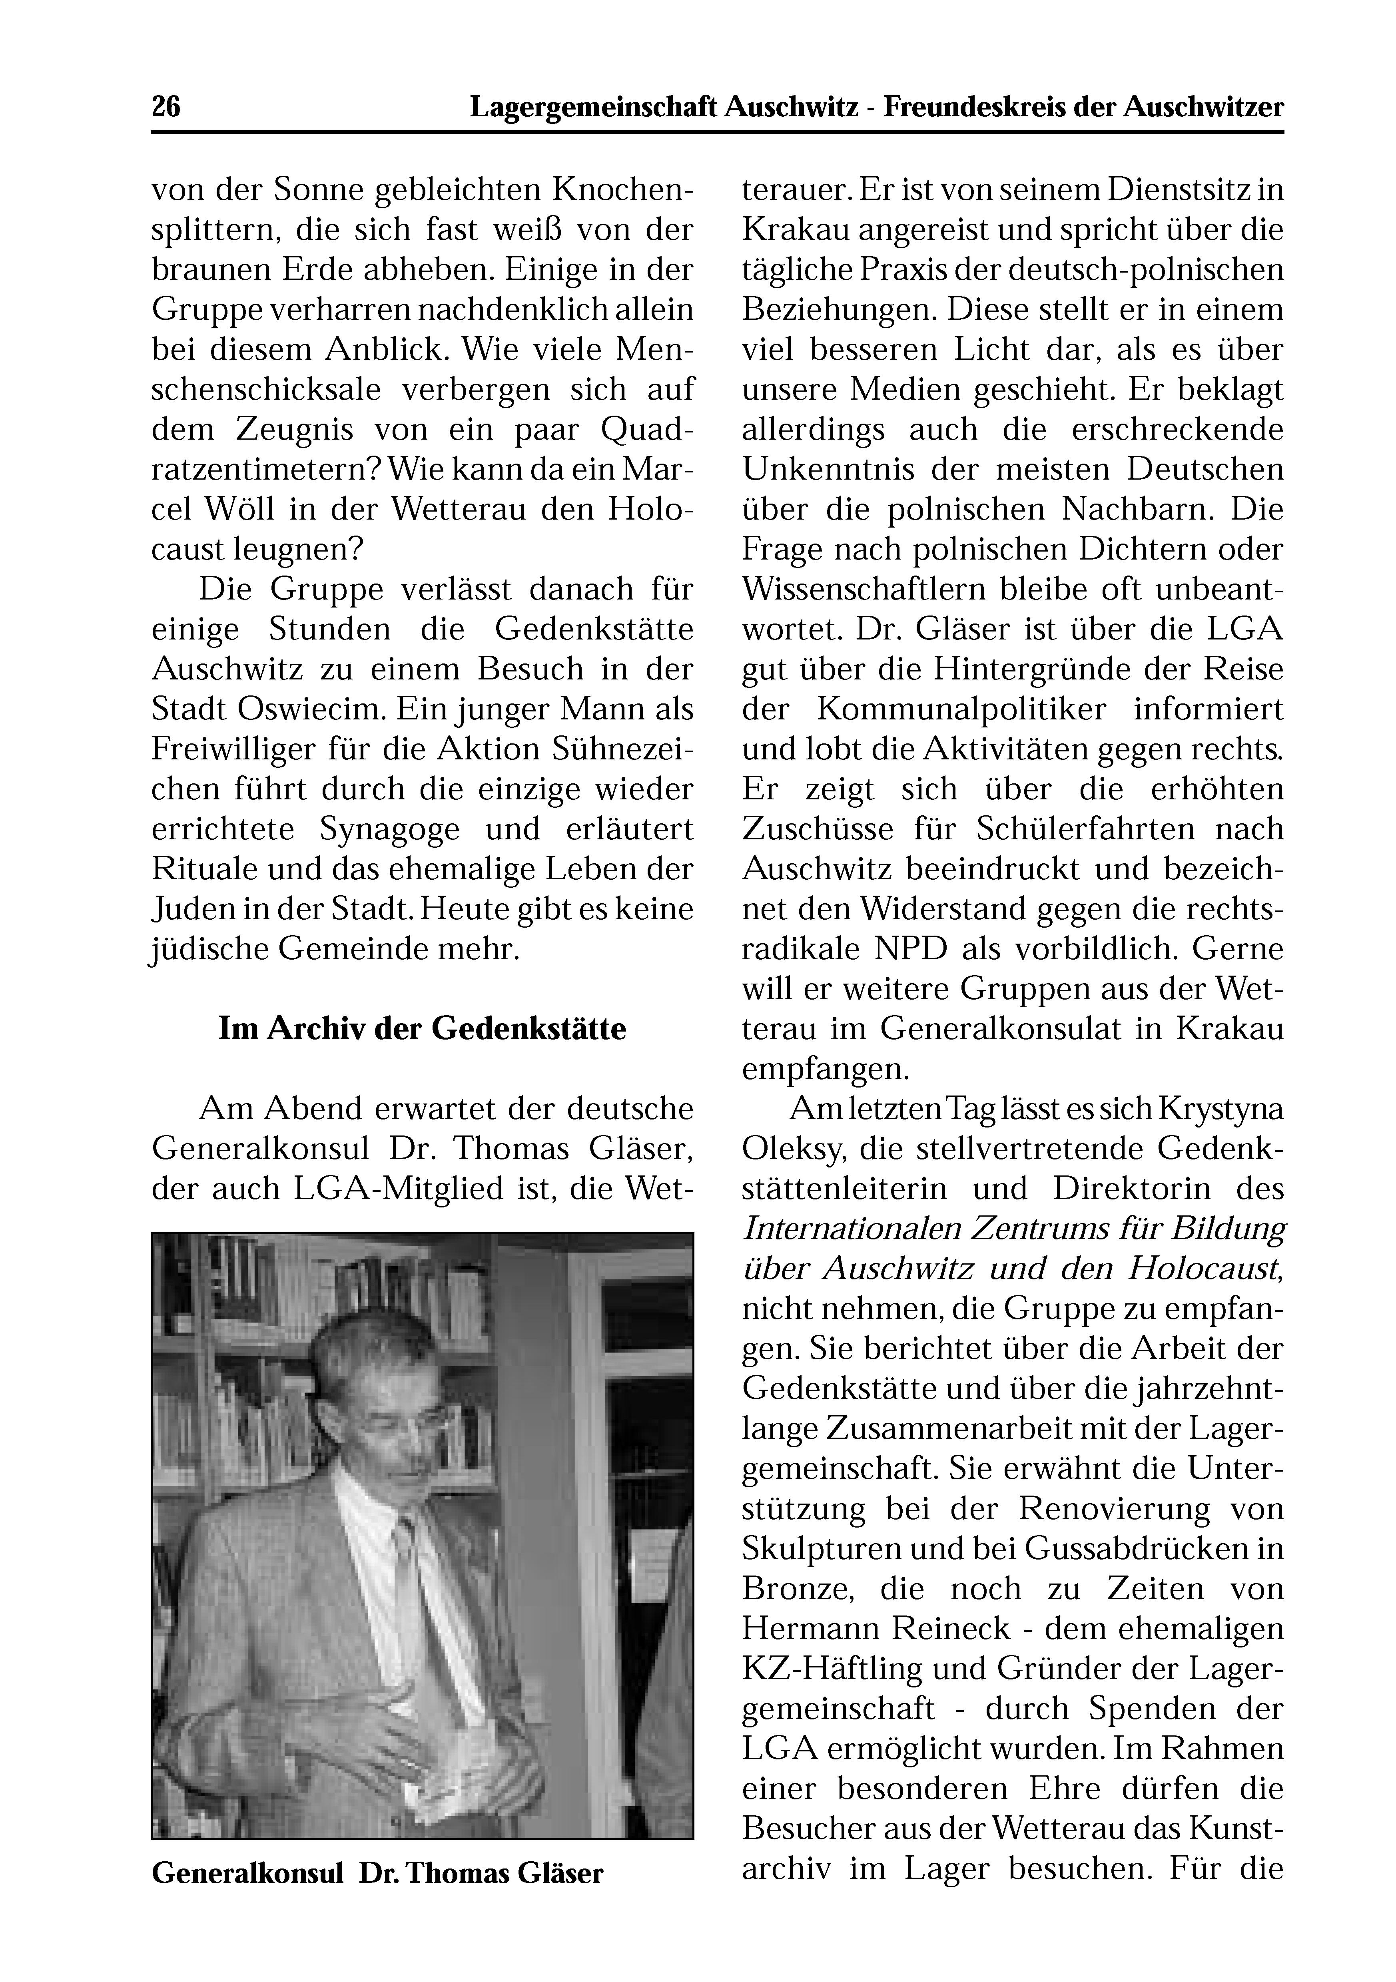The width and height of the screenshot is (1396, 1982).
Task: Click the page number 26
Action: pyautogui.click(x=166, y=107)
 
